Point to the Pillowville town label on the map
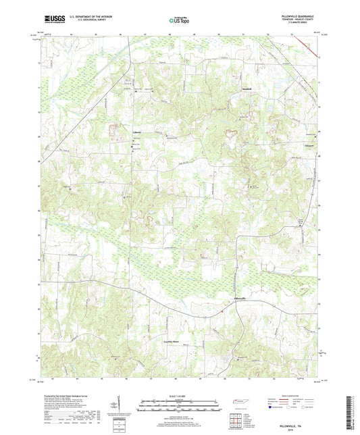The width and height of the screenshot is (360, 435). tap(231, 298)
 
